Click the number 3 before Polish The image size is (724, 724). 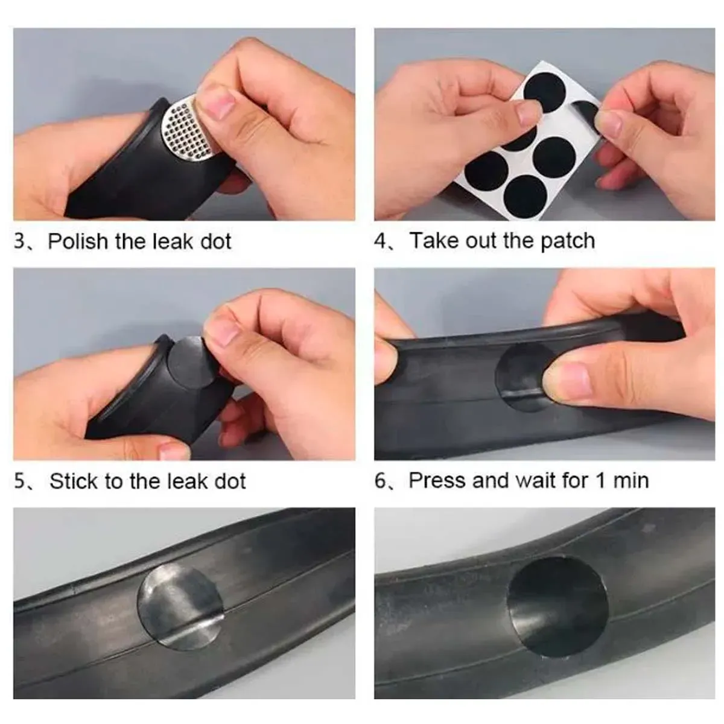pos(19,241)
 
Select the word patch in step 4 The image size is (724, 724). pos(568,241)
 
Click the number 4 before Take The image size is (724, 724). pos(380,241)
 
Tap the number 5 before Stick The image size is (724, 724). pos(19,481)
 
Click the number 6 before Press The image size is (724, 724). pos(380,481)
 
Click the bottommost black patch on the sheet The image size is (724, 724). pos(526,196)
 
